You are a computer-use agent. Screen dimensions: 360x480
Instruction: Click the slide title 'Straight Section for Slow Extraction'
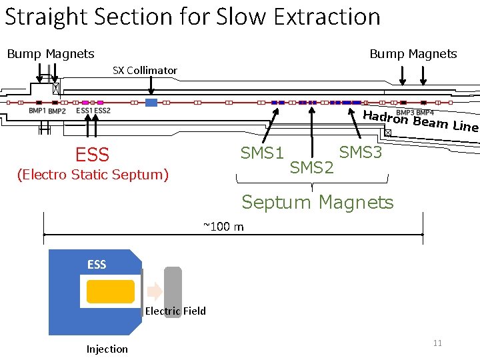click(192, 16)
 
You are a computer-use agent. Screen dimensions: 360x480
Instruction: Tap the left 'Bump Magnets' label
click(51, 54)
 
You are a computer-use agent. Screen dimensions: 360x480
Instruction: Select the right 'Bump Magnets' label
click(413, 54)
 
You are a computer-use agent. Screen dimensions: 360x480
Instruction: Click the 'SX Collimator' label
click(145, 70)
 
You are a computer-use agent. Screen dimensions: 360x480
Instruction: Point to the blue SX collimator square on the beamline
click(151, 103)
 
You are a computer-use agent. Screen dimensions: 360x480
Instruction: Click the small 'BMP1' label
click(37, 111)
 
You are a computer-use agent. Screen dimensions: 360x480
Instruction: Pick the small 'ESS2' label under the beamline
click(103, 111)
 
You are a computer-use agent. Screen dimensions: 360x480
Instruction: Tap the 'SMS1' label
click(262, 153)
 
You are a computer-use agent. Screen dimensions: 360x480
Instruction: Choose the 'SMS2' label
click(311, 168)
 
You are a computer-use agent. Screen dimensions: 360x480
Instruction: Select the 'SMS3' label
click(361, 153)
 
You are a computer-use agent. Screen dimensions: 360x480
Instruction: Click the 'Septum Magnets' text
click(317, 202)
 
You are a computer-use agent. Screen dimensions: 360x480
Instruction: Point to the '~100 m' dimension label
click(223, 227)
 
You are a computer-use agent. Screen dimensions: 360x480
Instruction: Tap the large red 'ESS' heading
click(92, 155)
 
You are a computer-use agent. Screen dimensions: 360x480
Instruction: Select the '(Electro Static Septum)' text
click(93, 175)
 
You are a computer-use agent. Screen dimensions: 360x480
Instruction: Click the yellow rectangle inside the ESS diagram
click(111, 291)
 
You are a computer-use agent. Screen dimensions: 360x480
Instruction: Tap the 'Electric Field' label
click(175, 311)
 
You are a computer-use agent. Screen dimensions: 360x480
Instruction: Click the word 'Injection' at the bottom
click(107, 349)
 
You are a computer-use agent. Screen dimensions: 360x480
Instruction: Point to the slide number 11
click(437, 343)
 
